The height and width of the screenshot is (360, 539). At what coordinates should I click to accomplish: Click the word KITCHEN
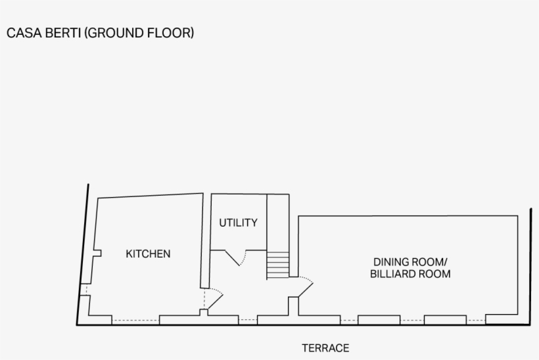148,254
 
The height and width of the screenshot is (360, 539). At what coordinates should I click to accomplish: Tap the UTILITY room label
238,223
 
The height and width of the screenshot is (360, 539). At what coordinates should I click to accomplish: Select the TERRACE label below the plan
325,348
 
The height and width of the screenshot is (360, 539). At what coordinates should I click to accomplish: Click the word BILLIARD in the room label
392,274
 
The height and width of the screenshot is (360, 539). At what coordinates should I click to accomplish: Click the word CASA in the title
21,33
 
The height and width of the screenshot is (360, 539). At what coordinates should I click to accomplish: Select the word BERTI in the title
60,33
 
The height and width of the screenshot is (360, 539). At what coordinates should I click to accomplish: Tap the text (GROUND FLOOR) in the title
139,33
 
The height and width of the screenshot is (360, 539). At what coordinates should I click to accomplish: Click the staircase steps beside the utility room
278,265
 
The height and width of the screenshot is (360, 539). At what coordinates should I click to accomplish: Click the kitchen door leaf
214,300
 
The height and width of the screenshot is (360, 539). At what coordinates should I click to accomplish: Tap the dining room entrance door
305,287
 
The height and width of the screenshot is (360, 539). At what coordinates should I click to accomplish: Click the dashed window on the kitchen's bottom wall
135,321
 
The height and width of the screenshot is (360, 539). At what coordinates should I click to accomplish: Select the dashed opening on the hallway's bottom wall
247,321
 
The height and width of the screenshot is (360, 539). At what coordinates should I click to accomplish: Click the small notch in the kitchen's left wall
97,254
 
